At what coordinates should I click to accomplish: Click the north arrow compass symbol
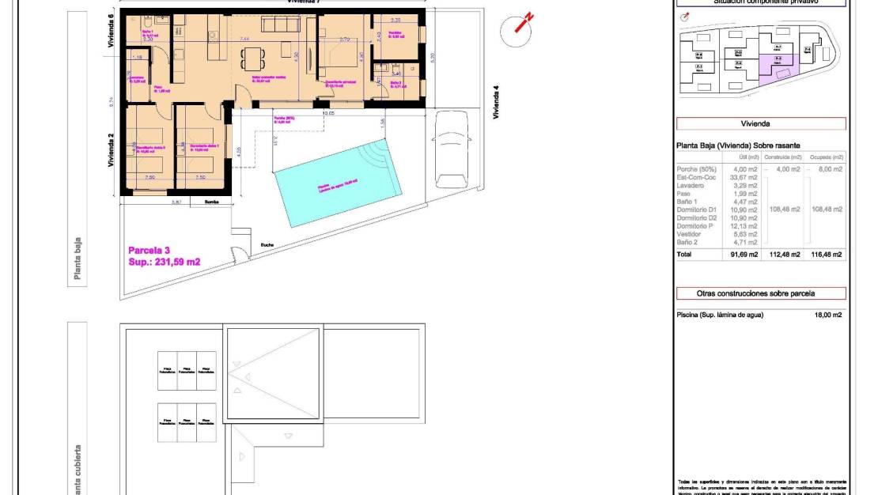[x=520, y=26]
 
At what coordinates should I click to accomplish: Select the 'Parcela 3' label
[x=149, y=249]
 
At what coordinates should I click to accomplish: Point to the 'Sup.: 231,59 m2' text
[x=164, y=262]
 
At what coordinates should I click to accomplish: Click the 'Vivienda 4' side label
[x=496, y=101]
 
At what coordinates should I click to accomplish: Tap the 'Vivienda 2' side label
[x=112, y=150]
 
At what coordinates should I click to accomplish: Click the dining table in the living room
[x=252, y=58]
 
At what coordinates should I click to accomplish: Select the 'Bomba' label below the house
[x=211, y=202]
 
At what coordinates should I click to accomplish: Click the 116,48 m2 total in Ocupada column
[x=826, y=255]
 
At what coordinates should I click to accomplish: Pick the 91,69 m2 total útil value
[x=744, y=255]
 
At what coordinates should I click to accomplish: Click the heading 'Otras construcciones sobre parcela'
[x=760, y=293]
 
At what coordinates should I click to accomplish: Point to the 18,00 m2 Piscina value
[x=827, y=315]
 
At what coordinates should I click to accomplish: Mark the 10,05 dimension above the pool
[x=328, y=113]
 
